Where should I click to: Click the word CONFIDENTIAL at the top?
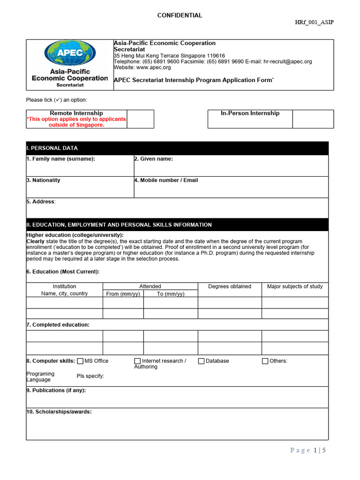[x=180, y=15]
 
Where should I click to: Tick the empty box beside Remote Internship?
[x=140, y=119]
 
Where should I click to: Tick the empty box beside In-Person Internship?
[x=313, y=119]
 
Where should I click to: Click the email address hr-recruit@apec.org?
[x=288, y=61]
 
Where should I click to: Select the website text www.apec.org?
[x=153, y=67]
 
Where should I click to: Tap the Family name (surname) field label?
[x=60, y=159]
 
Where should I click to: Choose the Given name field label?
[x=154, y=159]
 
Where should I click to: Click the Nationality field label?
[x=44, y=180]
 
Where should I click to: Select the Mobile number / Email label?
[x=166, y=180]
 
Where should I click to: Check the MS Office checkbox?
[x=80, y=361]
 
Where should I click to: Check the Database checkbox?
[x=201, y=361]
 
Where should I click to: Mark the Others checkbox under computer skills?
[x=265, y=361]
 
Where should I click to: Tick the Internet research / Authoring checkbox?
[x=137, y=361]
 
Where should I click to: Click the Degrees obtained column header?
[x=230, y=286]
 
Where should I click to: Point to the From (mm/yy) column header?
[x=123, y=294]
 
